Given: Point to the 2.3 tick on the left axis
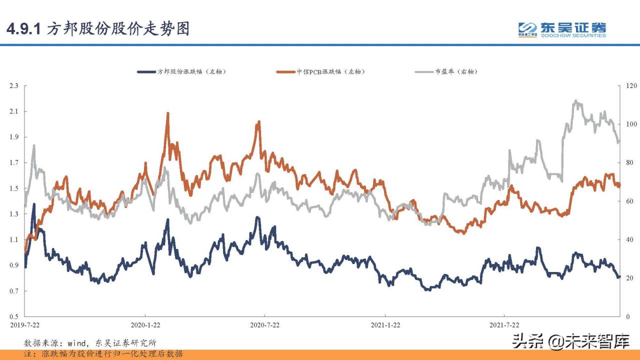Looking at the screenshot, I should tap(13, 86).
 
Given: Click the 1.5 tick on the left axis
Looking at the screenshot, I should tap(13, 188).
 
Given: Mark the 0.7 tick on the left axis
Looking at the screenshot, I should tap(13, 291).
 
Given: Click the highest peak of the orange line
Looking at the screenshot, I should tap(167, 113).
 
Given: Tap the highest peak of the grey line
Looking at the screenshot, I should tap(576, 101).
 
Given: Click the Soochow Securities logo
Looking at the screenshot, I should tap(562, 29).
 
